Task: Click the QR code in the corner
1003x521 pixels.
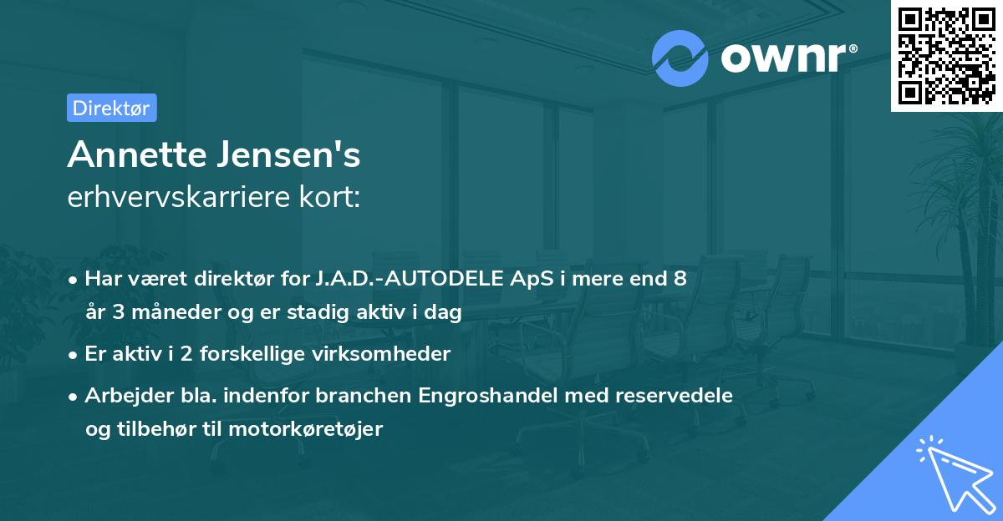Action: pyautogui.click(x=947, y=55)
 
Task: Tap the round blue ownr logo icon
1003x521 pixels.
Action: pyautogui.click(x=680, y=58)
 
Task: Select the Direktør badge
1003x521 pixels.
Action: pyautogui.click(x=111, y=108)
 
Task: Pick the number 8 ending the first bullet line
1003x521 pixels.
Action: pyautogui.click(x=680, y=279)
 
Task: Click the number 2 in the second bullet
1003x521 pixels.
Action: pyautogui.click(x=159, y=354)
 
